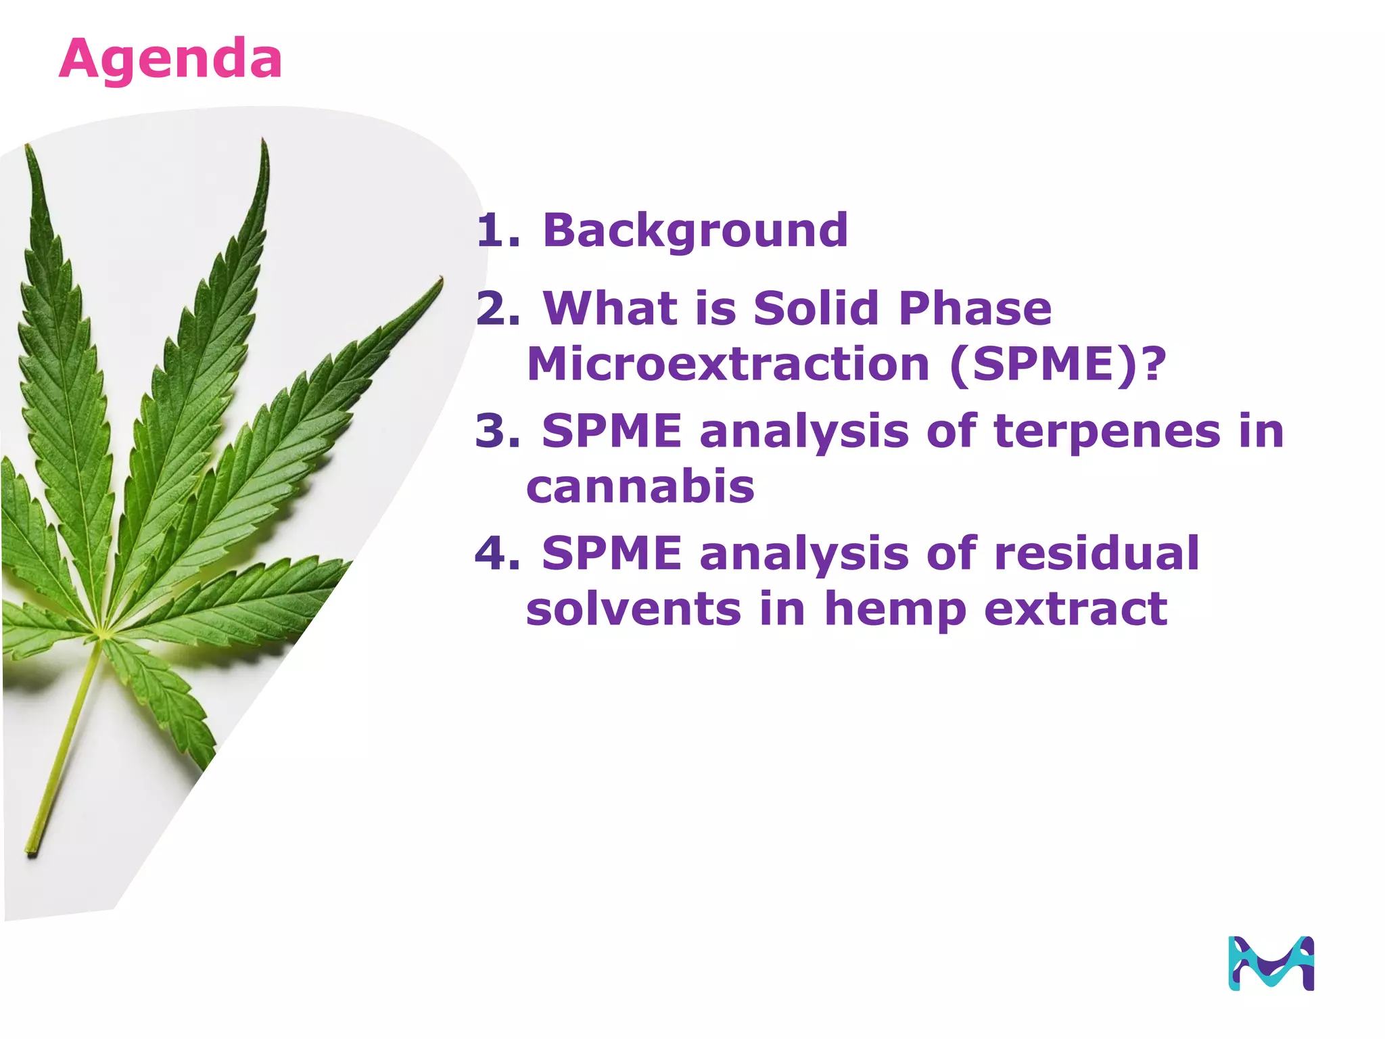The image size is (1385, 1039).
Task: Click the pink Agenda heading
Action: point(170,60)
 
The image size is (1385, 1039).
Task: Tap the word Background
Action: point(695,231)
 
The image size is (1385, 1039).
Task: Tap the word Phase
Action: point(975,309)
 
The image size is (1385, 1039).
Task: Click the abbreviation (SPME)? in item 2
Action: point(1058,365)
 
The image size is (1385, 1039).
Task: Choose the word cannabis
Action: point(640,487)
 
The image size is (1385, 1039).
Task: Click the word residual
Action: point(1097,553)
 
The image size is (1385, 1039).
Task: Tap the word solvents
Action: point(633,609)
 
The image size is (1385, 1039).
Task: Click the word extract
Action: point(1075,609)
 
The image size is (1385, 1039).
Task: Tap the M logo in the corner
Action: point(1271,963)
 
